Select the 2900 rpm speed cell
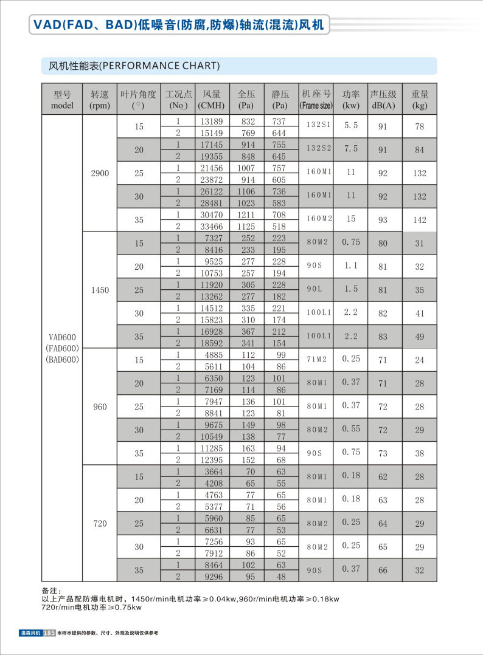(x=100, y=173)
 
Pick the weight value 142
(x=420, y=220)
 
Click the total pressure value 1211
(x=246, y=214)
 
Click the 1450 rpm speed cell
(x=100, y=290)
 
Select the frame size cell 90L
(x=315, y=289)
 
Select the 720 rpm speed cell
(x=100, y=523)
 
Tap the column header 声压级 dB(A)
(x=383, y=100)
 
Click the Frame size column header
(x=316, y=100)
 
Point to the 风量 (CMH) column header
(x=212, y=100)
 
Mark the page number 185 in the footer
(x=50, y=633)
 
